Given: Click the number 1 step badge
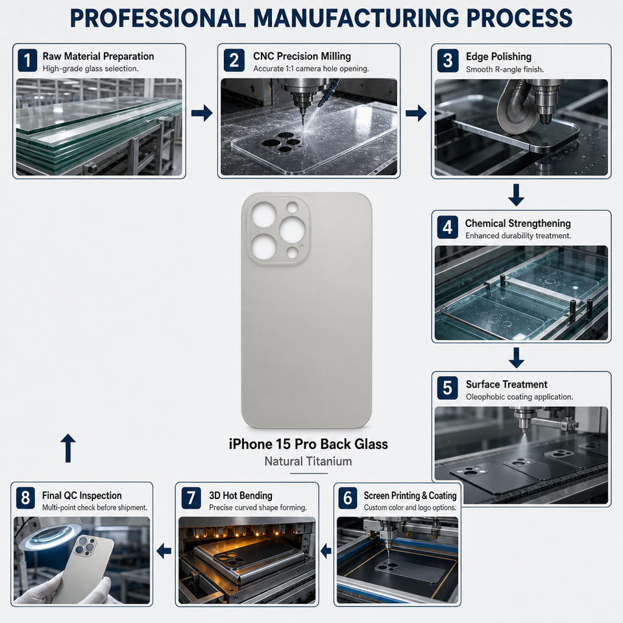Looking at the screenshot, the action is (x=27, y=60).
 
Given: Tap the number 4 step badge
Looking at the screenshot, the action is (x=447, y=227).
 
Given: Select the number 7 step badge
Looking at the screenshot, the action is (x=191, y=498).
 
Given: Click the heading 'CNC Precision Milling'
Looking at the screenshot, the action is (x=302, y=56).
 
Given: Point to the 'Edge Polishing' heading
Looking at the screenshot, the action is (x=498, y=56).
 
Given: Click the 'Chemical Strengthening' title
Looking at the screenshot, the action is (x=518, y=223).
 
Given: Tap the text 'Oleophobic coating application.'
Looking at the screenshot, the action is (x=519, y=397).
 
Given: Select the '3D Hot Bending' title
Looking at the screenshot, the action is (x=240, y=495).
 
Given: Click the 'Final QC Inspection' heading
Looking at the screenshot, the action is (x=82, y=495).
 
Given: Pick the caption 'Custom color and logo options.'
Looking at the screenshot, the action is (x=409, y=507).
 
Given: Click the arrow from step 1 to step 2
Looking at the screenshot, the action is (x=202, y=113).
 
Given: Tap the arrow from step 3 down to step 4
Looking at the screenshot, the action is (x=516, y=195).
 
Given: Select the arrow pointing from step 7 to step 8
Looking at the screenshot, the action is (x=164, y=551).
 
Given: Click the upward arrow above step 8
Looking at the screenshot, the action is (x=68, y=448).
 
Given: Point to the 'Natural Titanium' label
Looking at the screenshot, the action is (x=308, y=461).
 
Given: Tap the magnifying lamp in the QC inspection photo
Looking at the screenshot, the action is (x=50, y=533).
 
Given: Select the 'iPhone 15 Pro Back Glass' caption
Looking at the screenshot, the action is (x=308, y=444).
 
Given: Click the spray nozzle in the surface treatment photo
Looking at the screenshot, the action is (x=524, y=421).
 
